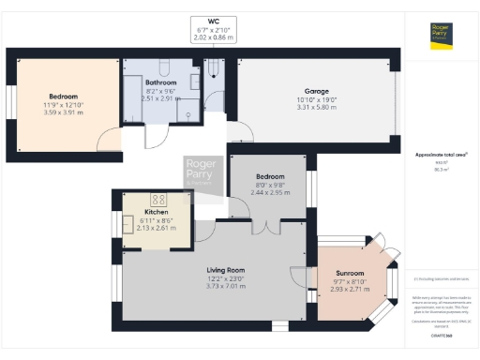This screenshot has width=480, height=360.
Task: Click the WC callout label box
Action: click(214, 30)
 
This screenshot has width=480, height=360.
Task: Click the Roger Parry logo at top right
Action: click(442, 34)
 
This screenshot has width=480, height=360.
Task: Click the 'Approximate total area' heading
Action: click(441, 153)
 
